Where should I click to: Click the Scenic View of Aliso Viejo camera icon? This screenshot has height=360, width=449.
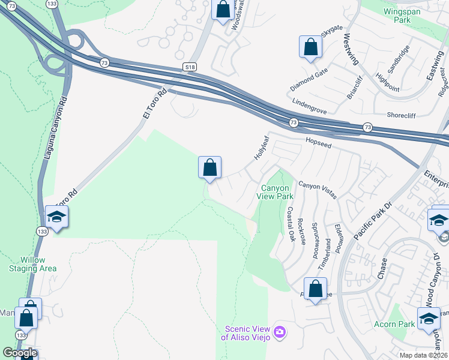click(x=279, y=332)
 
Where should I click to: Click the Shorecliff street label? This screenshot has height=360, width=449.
click(x=403, y=116)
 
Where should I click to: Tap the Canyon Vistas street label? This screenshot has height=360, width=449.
click(x=318, y=190)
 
